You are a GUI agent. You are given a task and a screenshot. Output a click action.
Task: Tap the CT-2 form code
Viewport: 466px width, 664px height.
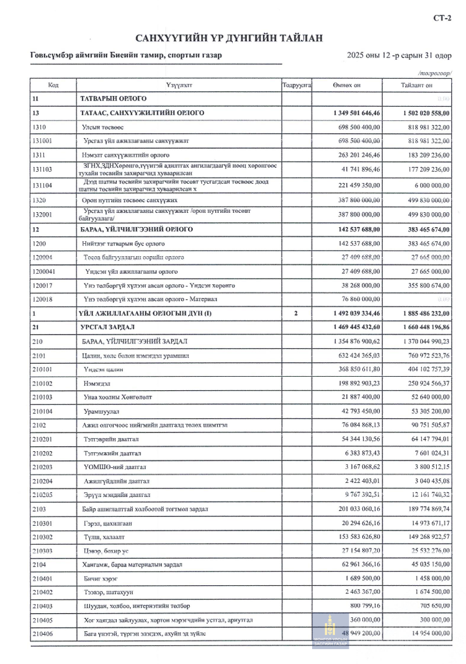[x=445, y=19]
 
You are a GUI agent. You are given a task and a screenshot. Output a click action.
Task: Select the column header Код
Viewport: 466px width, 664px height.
[x=53, y=86]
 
